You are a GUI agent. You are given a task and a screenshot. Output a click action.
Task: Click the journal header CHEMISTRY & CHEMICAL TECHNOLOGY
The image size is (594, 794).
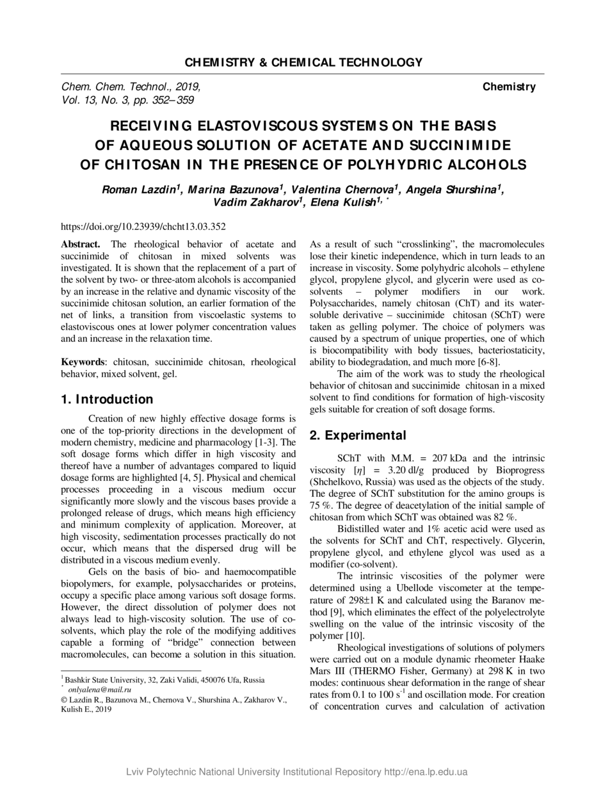[303, 62]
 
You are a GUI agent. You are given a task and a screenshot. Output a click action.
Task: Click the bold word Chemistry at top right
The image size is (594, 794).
[509, 86]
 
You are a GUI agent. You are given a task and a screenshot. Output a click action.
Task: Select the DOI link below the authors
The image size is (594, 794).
[143, 226]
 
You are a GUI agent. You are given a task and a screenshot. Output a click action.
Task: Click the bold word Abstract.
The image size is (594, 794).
[80, 245]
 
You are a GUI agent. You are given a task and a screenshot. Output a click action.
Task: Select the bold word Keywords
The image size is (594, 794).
[83, 362]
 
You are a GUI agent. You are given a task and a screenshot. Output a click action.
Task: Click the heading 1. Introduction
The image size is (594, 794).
[107, 400]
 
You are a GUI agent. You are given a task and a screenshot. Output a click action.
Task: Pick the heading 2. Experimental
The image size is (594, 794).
[358, 435]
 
